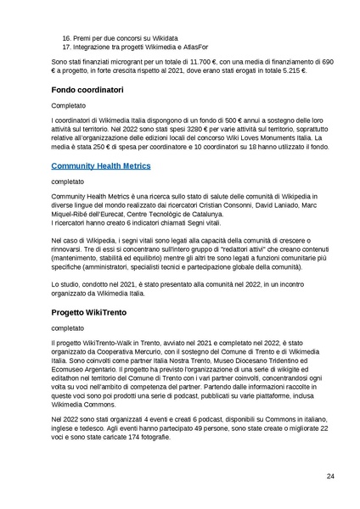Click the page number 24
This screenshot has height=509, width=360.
(330, 477)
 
